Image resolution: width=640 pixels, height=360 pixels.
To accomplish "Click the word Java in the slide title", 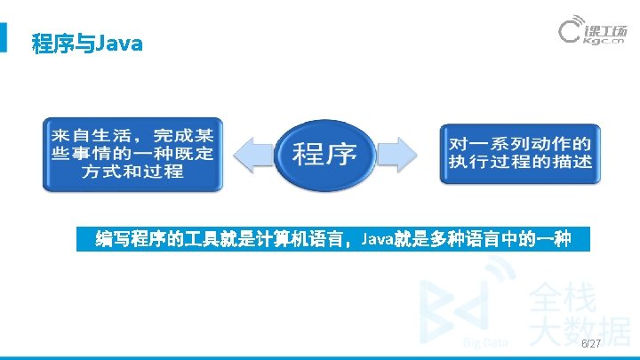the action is click(x=117, y=43).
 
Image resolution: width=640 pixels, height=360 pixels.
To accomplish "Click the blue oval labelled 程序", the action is click(x=324, y=154).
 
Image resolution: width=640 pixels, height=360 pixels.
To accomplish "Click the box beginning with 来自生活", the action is click(x=132, y=153).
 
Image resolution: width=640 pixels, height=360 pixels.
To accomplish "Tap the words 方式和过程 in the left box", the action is click(x=132, y=171).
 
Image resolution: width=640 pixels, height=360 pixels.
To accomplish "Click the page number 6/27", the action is click(x=590, y=343).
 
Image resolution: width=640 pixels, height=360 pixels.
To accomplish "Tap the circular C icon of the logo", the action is click(x=571, y=33).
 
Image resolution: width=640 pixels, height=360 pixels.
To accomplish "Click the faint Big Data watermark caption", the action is click(x=485, y=342).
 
